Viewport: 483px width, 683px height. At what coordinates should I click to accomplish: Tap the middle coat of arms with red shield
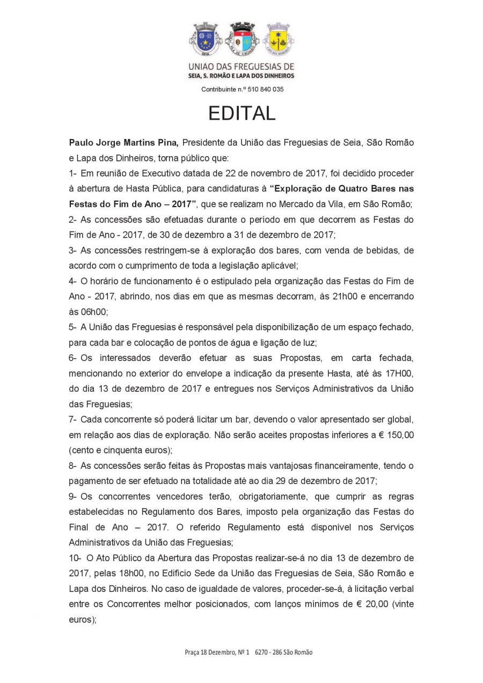point(241,38)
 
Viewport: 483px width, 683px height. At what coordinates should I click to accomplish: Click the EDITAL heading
point(241,113)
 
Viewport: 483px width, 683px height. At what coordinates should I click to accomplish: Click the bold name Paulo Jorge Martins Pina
point(123,143)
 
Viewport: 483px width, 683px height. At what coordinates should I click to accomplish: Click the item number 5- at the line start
point(73,327)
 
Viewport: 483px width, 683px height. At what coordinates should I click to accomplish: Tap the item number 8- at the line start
point(73,466)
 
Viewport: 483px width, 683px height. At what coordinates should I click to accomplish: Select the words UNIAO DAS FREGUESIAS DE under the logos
point(241,67)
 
